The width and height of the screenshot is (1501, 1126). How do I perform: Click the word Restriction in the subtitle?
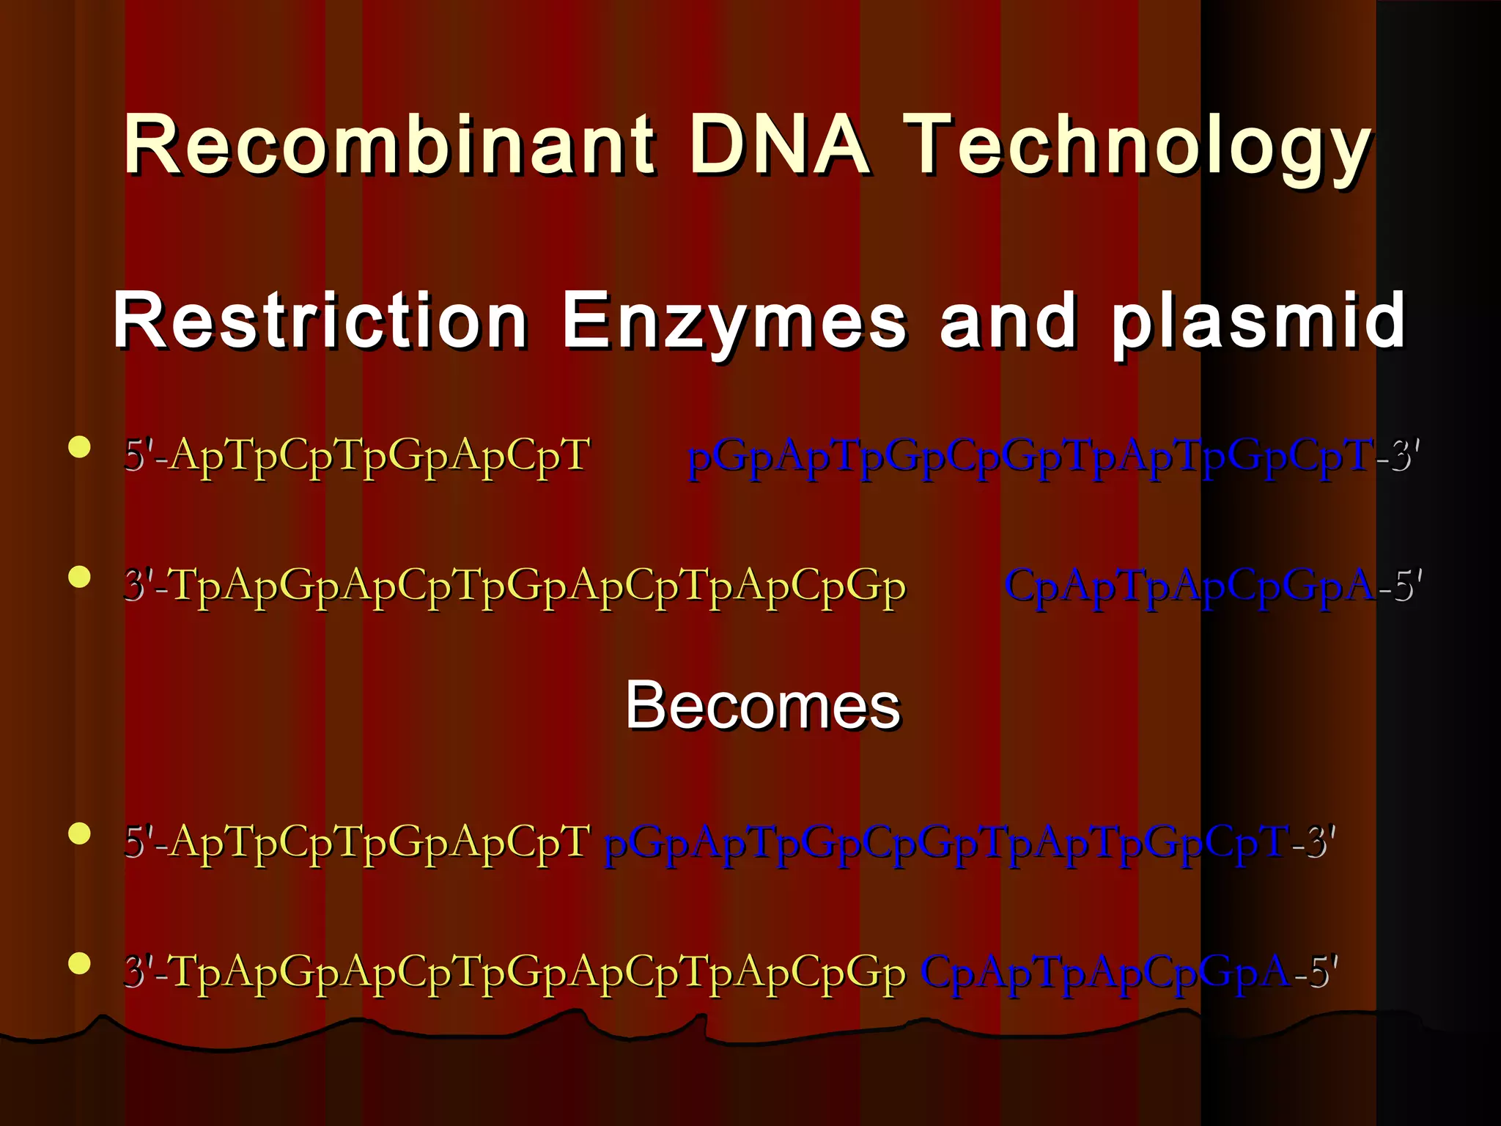click(320, 321)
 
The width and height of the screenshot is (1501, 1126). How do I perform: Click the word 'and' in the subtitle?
click(1008, 321)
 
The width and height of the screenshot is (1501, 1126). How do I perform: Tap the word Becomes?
click(762, 705)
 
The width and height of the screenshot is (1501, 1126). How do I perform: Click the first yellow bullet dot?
click(79, 447)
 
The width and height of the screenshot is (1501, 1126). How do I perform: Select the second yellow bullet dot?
click(79, 577)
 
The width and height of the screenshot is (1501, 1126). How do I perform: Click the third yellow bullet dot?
click(79, 834)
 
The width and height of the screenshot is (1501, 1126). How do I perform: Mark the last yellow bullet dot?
click(79, 963)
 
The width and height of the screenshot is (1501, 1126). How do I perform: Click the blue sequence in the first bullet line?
click(1030, 457)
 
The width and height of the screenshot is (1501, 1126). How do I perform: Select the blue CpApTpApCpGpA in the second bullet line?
click(1189, 586)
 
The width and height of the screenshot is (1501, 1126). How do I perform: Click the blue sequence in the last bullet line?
click(1104, 973)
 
